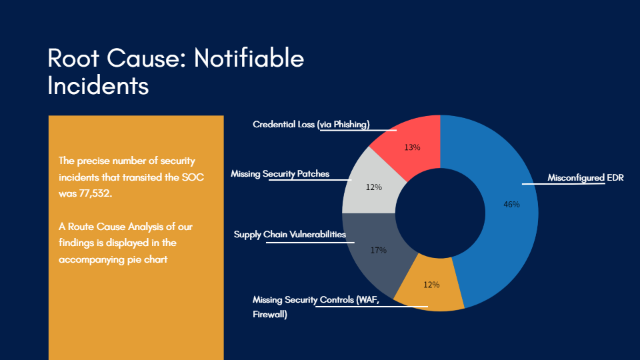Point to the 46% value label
[511, 205]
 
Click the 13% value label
[412, 147]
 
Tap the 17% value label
[379, 250]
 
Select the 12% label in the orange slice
[431, 285]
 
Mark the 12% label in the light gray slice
[374, 187]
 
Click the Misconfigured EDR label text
[585, 177]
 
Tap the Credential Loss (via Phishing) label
[311, 124]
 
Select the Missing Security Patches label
[280, 173]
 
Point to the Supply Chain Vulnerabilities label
[290, 234]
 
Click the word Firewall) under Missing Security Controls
[270, 314]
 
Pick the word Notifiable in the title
[249, 58]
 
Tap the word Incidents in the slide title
[98, 86]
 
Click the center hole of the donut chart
[440, 213]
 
